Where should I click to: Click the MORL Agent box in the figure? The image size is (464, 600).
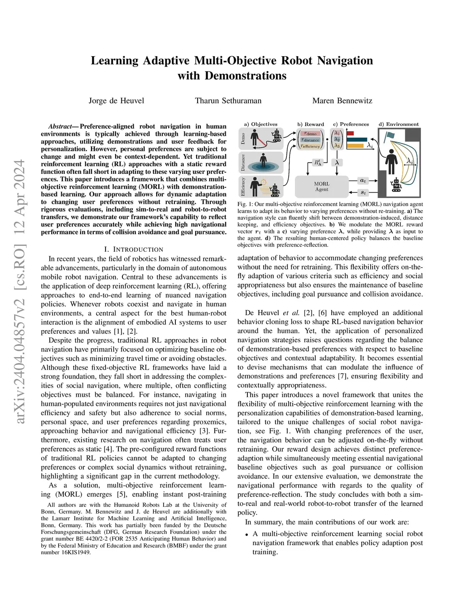pos(322,187)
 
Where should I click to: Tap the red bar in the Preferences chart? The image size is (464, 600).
pos(350,134)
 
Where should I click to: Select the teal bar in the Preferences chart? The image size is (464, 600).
pos(357,139)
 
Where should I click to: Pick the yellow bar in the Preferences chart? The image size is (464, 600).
pos(355,146)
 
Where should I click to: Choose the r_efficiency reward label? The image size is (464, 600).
pos(310,146)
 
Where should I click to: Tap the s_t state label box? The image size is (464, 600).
pos(363,192)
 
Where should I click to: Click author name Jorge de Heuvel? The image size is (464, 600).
pos(116,101)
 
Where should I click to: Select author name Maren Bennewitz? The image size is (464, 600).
pos(342,101)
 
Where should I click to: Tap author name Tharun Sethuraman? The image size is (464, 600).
pos(228,101)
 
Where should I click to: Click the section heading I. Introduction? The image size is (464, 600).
pos(133,250)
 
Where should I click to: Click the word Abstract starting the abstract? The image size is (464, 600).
pos(60,127)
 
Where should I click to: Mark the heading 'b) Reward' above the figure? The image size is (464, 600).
pos(310,124)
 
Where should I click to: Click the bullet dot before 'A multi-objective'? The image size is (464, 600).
pos(246,535)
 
